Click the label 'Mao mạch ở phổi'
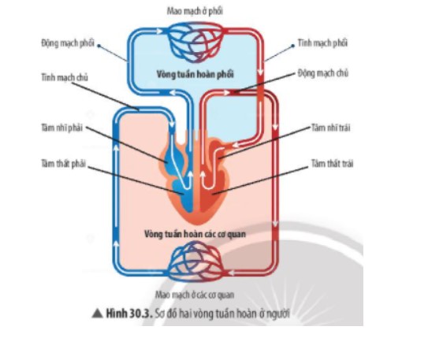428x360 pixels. point(195,11)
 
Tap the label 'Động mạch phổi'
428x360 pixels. point(68,43)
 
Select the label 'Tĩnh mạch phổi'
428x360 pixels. point(322,43)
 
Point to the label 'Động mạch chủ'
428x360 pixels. point(323,73)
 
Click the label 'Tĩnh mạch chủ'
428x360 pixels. point(65,77)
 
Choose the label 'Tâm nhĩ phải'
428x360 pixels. point(61,128)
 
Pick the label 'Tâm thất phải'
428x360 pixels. point(63,164)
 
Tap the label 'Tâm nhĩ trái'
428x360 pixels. point(331,128)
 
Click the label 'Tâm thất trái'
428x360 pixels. point(332,163)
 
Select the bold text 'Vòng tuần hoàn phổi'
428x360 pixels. point(195,74)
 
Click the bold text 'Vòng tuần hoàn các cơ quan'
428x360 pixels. point(195,234)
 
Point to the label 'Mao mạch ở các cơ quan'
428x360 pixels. point(195,295)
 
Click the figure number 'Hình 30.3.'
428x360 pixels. point(128,314)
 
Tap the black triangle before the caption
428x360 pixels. point(97,314)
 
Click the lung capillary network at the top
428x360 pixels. point(195,42)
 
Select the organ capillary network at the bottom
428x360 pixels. point(195,262)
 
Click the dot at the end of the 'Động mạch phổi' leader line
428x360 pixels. point(99,46)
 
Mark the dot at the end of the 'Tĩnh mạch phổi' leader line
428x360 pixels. point(293,46)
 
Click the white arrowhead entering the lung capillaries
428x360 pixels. point(159,32)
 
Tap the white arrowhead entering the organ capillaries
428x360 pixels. point(230,273)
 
